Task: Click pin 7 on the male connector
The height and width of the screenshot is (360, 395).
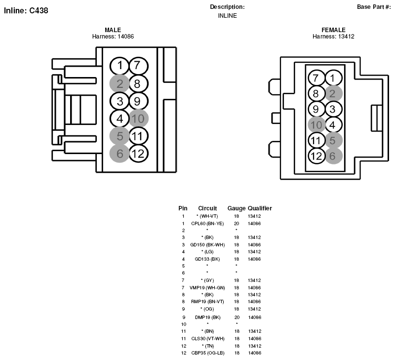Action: (x=139, y=66)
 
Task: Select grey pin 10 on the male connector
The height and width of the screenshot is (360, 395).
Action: (x=139, y=119)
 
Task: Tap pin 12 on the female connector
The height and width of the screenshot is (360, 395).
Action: (x=316, y=156)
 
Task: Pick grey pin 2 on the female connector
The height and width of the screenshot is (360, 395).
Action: (x=334, y=93)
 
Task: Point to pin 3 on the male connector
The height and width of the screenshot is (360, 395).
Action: (x=119, y=101)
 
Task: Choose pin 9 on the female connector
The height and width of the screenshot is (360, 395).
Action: (x=316, y=109)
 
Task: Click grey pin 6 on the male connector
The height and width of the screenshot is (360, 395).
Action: (x=119, y=154)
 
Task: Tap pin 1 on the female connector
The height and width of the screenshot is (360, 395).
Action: (x=334, y=78)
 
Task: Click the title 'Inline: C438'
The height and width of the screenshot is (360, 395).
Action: (x=26, y=10)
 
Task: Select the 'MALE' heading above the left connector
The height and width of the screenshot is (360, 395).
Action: (x=113, y=30)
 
